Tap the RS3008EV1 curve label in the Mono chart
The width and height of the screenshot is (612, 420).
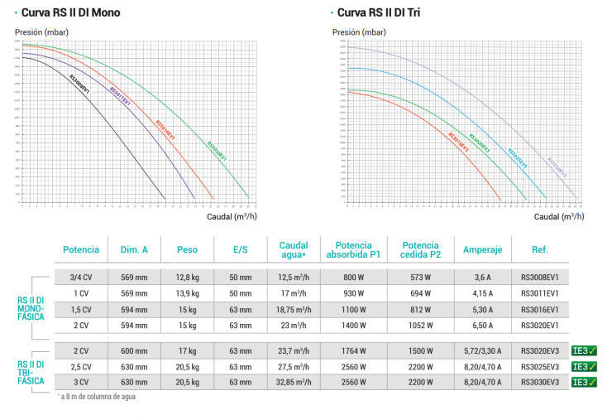79,86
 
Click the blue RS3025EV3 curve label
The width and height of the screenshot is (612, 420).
517,157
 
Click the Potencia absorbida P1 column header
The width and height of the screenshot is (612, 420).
353,249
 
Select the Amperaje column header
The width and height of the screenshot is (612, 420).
483,249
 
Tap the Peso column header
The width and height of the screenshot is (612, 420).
187,249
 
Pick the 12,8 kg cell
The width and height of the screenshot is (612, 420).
187,278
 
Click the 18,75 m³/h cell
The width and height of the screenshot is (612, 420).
294,309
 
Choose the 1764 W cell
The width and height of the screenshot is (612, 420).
353,350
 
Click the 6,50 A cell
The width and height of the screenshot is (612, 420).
483,325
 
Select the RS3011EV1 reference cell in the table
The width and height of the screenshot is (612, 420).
541,294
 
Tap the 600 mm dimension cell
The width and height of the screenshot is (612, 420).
134,350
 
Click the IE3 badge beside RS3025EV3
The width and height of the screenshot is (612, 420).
584,366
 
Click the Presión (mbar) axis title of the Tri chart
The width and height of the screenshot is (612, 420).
359,32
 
